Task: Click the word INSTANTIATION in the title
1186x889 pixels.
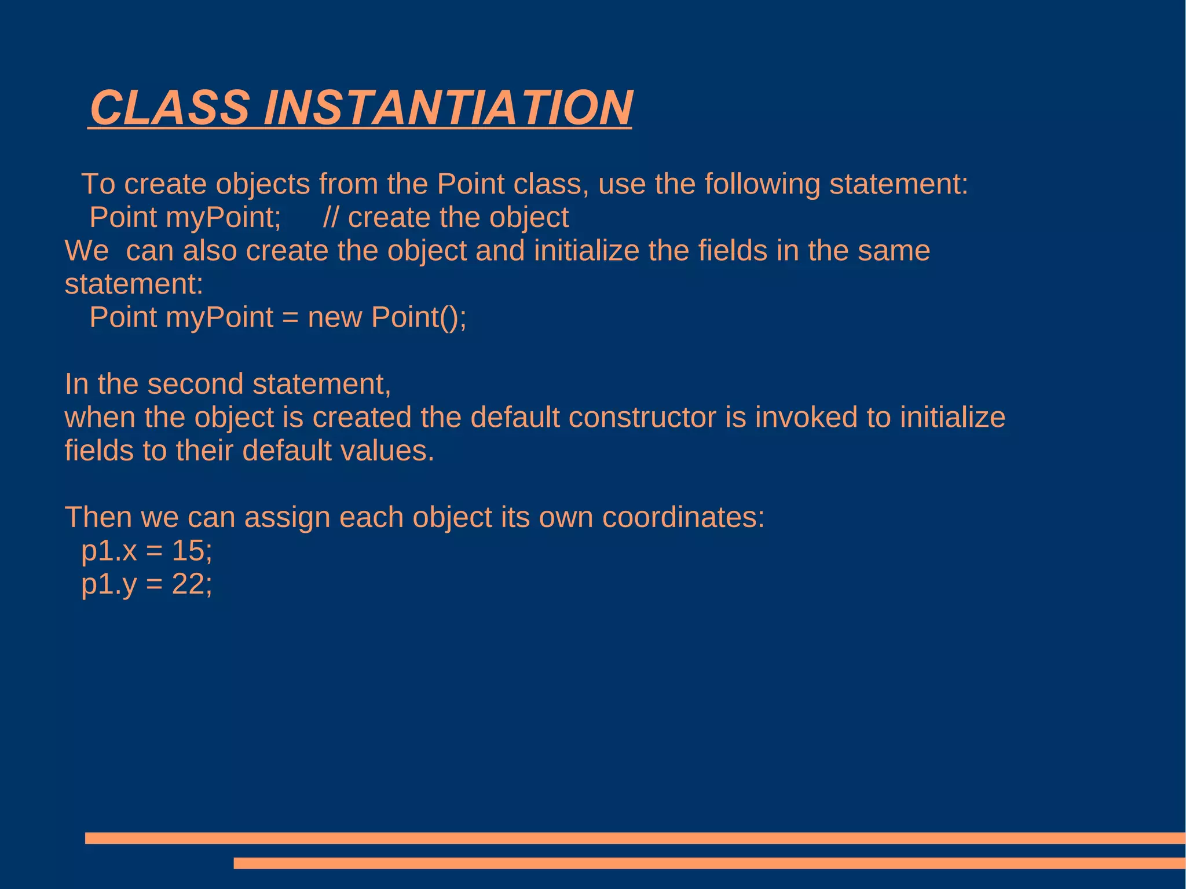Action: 448,108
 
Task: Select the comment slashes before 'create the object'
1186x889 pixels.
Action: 331,218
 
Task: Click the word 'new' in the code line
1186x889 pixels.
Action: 335,318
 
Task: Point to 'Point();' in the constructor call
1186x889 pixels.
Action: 419,318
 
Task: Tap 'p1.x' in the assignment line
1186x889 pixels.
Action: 109,551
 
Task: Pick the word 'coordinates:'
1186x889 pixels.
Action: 683,517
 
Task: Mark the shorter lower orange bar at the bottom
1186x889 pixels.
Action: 709,863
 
